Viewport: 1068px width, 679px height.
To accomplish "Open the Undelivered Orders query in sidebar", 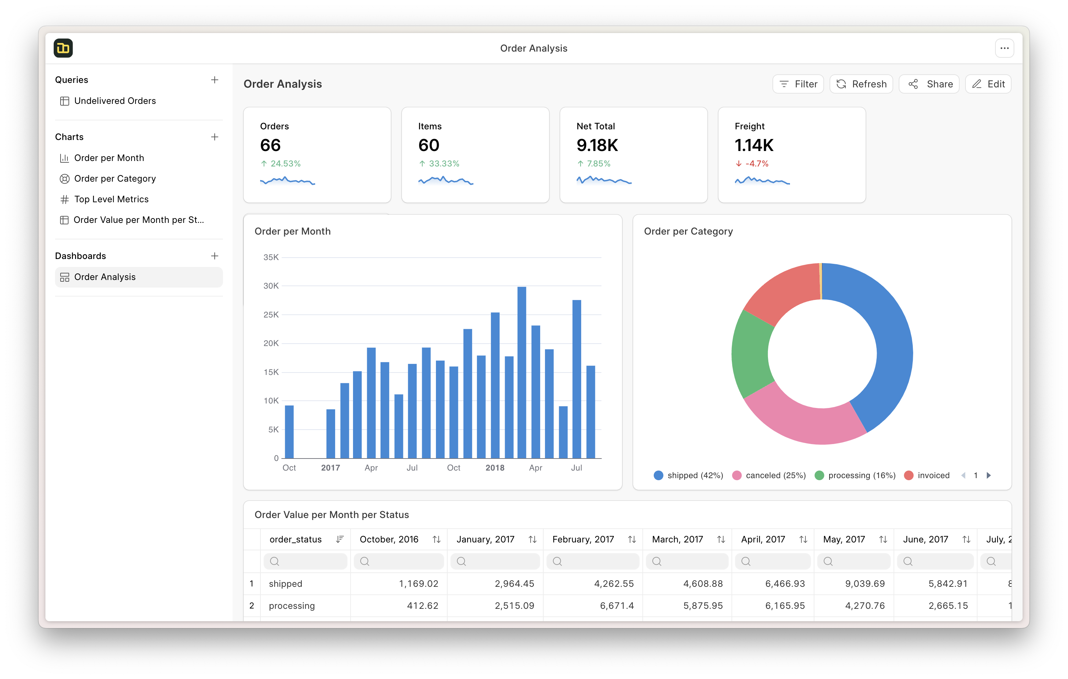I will click(115, 101).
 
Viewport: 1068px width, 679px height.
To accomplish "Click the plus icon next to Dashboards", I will click(215, 256).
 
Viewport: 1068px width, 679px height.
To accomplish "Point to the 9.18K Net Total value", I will click(597, 145).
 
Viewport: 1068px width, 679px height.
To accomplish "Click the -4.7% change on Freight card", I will click(756, 164).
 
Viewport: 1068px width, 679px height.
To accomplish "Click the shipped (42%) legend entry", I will click(688, 475).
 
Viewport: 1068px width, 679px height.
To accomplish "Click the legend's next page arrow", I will click(989, 475).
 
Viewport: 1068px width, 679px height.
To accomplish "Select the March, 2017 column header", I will click(677, 539).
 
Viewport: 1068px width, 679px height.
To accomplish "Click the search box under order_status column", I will click(305, 561).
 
